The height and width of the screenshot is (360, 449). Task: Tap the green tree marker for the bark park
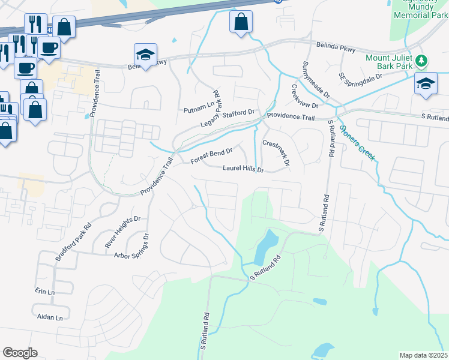coord(422,61)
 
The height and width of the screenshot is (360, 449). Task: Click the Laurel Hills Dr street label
coord(243,170)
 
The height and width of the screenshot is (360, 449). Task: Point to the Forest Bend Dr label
coord(211,156)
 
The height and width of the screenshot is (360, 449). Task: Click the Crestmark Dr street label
coord(276,152)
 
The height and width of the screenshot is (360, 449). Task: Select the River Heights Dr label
coord(122,232)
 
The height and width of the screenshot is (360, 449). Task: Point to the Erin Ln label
coord(45,292)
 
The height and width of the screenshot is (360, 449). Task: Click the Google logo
coord(20,353)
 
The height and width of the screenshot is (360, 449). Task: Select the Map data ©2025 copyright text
coord(423,355)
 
